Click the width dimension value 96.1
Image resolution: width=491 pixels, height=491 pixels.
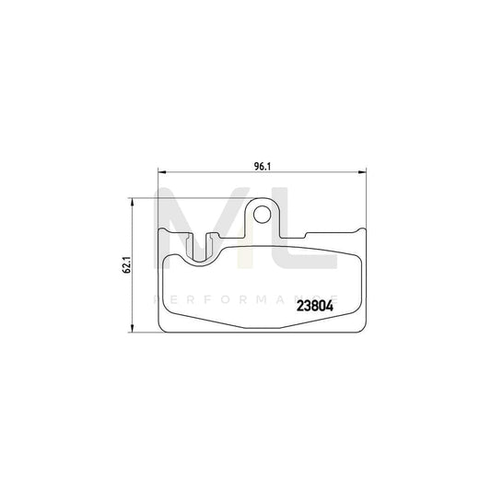click(x=263, y=166)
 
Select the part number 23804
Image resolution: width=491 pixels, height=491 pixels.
click(x=315, y=308)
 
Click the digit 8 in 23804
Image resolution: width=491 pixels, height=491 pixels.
click(x=310, y=308)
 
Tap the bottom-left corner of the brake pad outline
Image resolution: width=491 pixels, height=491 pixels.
click(x=164, y=330)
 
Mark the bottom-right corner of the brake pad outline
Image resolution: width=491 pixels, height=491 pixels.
click(x=365, y=330)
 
